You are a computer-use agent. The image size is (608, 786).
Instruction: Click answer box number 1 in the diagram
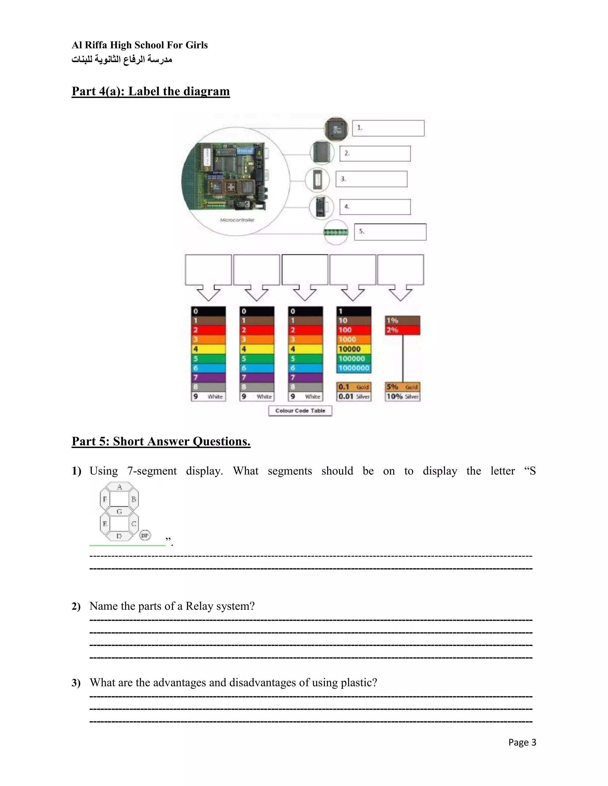[388, 128]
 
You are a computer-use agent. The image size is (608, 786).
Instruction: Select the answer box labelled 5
[390, 232]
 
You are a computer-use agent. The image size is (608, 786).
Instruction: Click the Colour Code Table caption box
[300, 410]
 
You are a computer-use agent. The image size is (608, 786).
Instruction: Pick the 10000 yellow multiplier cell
[353, 349]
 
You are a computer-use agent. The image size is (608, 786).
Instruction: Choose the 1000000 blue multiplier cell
[353, 368]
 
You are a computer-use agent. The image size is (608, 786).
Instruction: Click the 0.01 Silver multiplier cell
[354, 396]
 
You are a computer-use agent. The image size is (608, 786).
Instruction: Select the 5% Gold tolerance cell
[402, 387]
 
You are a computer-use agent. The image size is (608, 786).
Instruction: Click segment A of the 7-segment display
[119, 487]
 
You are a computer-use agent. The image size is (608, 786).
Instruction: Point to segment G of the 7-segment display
[119, 511]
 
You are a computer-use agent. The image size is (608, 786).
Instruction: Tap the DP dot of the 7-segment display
[145, 535]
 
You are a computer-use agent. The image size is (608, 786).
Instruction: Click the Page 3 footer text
[522, 742]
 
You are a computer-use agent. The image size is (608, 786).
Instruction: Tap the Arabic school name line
[122, 59]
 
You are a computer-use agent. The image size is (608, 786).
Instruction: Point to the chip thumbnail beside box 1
[336, 128]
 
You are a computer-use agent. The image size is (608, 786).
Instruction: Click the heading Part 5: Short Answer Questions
[161, 441]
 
